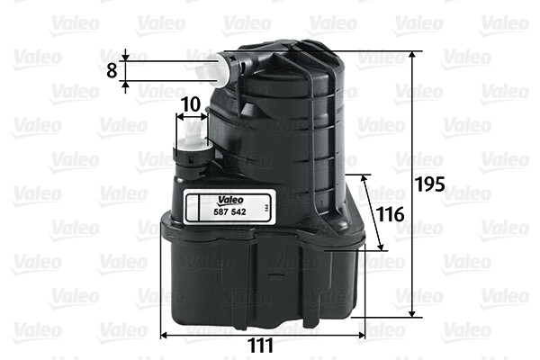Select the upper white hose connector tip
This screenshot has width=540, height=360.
(x=213, y=67)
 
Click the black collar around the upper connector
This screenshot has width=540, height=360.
(x=237, y=66)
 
